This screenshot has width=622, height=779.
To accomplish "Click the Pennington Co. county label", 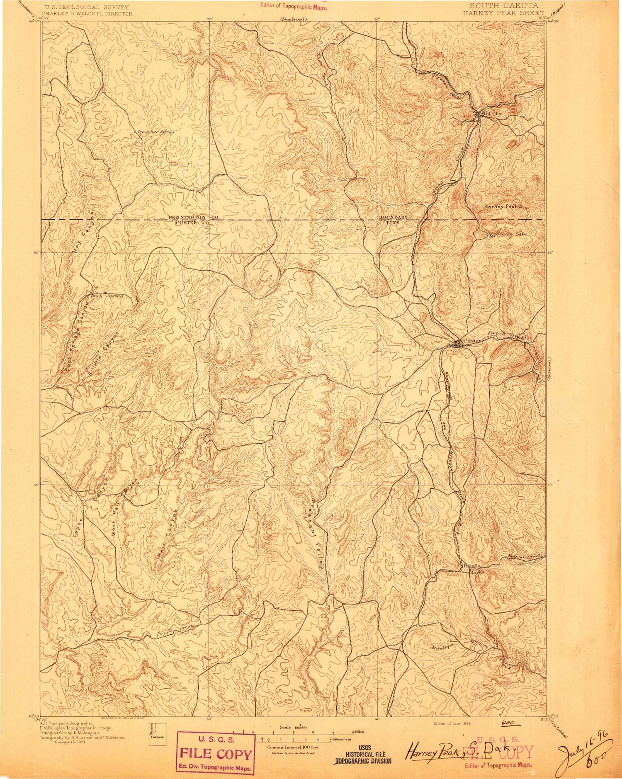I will pyautogui.click(x=194, y=217).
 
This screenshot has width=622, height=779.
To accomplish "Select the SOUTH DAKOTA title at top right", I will pyautogui.click(x=504, y=6).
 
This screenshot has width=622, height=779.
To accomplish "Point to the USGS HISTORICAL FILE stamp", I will pyautogui.click(x=363, y=757).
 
